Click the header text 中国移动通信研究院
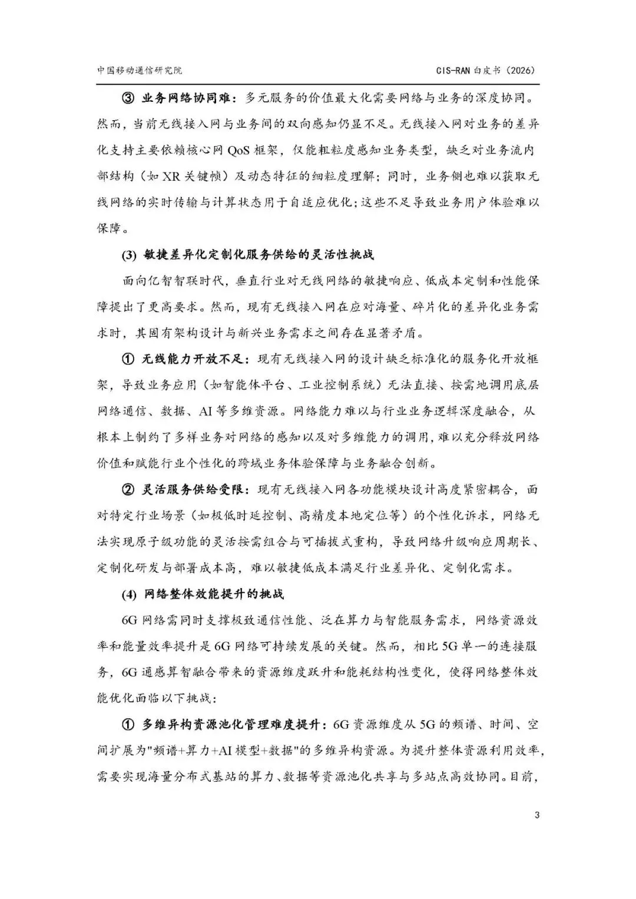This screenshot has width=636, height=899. click(139, 70)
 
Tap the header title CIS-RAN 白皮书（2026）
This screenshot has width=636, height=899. click(485, 70)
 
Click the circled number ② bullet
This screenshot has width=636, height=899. click(129, 490)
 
